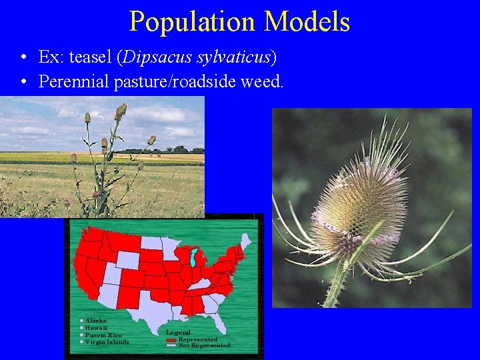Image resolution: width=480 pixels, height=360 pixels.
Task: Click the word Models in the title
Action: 307,21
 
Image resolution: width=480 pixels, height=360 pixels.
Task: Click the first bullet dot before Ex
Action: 23,58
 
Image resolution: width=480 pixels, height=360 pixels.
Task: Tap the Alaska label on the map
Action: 96,321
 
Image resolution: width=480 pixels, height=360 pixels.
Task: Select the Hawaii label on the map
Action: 96,328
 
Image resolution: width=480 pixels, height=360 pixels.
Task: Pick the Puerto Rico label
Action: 103,335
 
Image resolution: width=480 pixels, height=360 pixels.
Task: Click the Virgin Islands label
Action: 106,342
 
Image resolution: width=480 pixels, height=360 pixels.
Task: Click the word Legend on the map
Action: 179,332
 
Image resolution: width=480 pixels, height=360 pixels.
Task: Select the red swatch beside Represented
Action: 171,339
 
